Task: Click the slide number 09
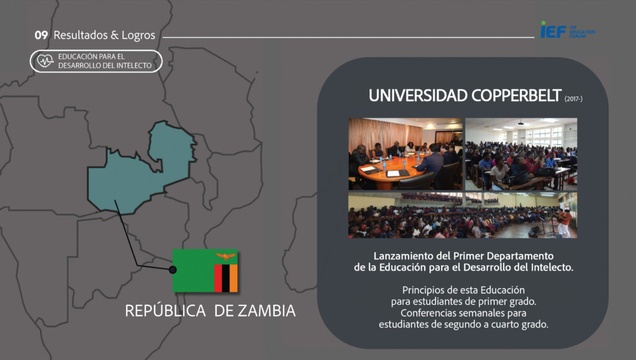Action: (x=41, y=35)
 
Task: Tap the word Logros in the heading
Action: (x=139, y=35)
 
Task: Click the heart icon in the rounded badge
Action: (x=45, y=61)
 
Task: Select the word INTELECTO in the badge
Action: (x=134, y=66)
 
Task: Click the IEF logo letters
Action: (x=553, y=30)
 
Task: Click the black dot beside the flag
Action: (x=173, y=269)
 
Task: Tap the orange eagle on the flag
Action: (x=225, y=256)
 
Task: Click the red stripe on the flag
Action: (x=218, y=278)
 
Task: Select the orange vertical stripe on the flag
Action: (x=234, y=278)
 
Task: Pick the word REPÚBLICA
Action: (x=165, y=310)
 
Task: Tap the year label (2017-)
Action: (x=573, y=99)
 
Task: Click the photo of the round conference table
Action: (x=405, y=154)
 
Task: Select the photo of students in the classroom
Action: (x=521, y=154)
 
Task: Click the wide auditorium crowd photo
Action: (x=462, y=215)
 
